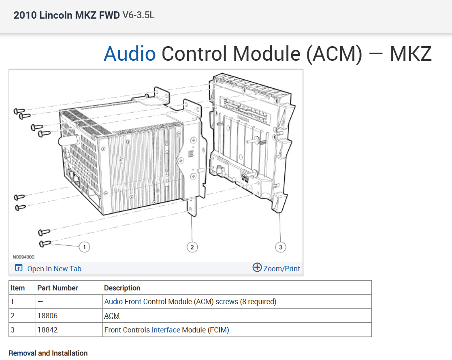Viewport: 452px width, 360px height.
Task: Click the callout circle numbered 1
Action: tap(84, 247)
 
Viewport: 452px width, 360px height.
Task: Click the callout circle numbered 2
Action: tap(192, 247)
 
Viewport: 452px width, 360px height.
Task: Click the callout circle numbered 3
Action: tap(280, 247)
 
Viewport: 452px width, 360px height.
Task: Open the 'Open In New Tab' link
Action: tap(54, 268)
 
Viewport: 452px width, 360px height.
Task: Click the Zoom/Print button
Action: tap(277, 268)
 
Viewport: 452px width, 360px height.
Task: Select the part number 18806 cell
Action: tap(46, 316)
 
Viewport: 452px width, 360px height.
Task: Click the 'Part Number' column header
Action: tap(58, 288)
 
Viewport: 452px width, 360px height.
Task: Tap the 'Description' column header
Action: tap(122, 288)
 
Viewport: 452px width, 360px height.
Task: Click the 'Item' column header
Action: tap(17, 288)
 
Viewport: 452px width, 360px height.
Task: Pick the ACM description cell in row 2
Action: tap(112, 316)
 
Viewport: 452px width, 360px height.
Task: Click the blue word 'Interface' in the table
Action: tap(166, 330)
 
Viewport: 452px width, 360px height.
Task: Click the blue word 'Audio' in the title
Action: tap(130, 54)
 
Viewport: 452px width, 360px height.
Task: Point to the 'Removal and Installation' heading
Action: tap(48, 353)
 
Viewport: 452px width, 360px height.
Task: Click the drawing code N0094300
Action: tap(23, 257)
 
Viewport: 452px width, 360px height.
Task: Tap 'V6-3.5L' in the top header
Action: tap(138, 15)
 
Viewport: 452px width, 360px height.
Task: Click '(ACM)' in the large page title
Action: tap(334, 54)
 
